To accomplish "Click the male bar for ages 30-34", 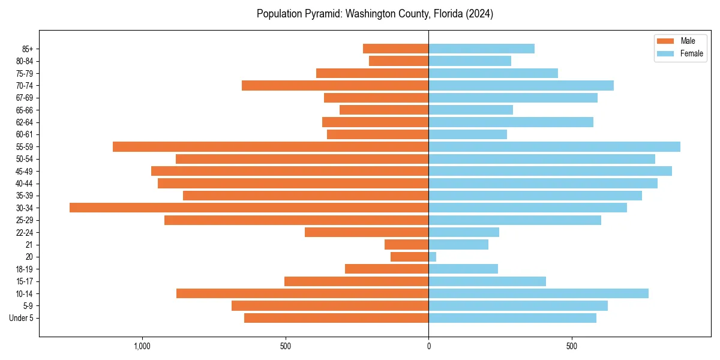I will point(249,208).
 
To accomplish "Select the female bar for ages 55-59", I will point(554,146).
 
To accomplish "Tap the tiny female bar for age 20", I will point(433,257).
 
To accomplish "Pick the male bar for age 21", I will point(407,244).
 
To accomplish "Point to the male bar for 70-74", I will point(335,85).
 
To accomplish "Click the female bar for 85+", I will point(481,49).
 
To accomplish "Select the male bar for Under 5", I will point(337,318).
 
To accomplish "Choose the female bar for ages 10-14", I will point(538,293).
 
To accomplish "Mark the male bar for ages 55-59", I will point(271,146).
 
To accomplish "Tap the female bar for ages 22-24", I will point(464,232).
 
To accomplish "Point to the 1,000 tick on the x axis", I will point(142,346).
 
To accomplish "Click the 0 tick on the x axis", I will point(428,346).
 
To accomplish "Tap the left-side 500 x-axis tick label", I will point(286,346).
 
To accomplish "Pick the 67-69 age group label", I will point(25,98).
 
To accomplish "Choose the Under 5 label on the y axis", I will point(22,318).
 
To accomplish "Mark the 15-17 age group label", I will point(25,281).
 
